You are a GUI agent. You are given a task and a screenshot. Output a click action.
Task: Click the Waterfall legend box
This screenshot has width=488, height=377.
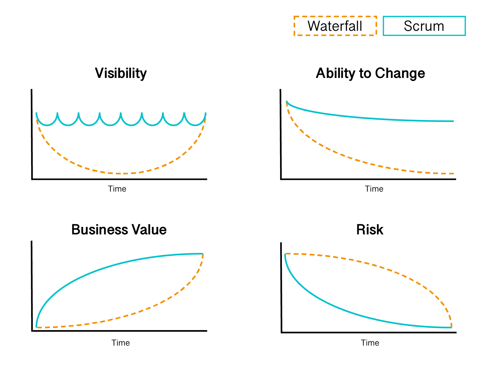[335, 26]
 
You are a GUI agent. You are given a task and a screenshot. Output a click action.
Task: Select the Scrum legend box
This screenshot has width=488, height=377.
[424, 26]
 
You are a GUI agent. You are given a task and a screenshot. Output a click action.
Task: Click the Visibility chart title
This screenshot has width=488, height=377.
[121, 73]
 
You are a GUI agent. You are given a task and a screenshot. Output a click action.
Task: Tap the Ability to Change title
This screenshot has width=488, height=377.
[370, 73]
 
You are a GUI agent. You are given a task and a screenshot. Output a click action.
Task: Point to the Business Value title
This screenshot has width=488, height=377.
[119, 230]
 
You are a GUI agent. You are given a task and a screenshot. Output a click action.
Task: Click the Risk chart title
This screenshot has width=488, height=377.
[370, 230]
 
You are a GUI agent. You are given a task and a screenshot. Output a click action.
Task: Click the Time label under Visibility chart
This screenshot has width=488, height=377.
[117, 189]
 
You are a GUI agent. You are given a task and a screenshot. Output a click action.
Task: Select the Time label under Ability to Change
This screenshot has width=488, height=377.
[374, 189]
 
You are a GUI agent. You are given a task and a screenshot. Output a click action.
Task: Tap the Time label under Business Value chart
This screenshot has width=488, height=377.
[120, 343]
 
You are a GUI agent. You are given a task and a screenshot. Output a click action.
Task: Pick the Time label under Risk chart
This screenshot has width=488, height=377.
[370, 343]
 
